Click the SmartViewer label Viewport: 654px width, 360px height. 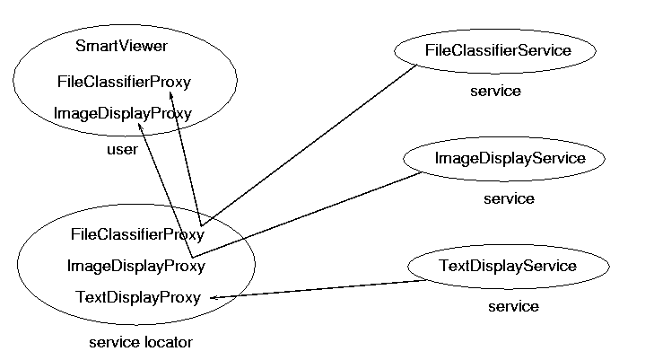(x=121, y=46)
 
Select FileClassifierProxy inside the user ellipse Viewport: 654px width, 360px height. (x=124, y=82)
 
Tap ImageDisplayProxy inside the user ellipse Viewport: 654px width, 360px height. (x=123, y=113)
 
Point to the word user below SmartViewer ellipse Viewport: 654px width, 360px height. (x=122, y=149)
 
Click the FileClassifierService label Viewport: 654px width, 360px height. (x=498, y=50)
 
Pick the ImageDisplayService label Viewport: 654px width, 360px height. (x=510, y=158)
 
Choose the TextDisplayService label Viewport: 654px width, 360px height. (x=508, y=266)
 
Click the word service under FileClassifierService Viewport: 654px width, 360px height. (x=495, y=91)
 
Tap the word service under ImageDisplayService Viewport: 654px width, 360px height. (x=509, y=198)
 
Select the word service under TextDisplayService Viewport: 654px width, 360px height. (x=513, y=307)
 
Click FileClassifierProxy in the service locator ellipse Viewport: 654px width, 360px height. (x=137, y=234)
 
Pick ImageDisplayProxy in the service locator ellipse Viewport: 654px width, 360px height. (x=136, y=266)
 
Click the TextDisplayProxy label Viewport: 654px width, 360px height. (x=138, y=297)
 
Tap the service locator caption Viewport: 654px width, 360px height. (x=141, y=342)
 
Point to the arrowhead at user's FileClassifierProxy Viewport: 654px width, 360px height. (x=171, y=96)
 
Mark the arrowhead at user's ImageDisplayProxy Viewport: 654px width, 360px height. (x=141, y=127)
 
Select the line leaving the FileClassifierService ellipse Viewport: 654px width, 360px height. (x=310, y=145)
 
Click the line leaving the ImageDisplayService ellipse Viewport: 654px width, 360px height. (x=308, y=215)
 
